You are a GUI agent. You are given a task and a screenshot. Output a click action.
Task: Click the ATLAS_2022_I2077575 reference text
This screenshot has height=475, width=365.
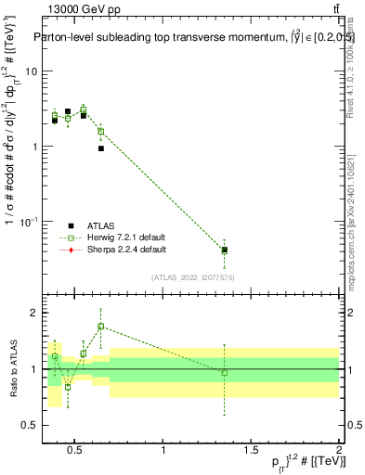pyautogui.click(x=193, y=277)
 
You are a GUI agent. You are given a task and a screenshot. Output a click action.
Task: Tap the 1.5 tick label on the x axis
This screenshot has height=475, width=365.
pyautogui.click(x=251, y=451)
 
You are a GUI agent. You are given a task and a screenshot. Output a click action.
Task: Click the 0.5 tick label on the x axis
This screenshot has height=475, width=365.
pyautogui.click(x=77, y=451)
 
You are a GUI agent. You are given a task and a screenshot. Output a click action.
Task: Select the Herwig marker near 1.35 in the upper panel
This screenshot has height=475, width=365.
pyautogui.click(x=224, y=250)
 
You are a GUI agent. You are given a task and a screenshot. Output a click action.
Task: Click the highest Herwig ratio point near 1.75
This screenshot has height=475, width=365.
pyautogui.click(x=101, y=327)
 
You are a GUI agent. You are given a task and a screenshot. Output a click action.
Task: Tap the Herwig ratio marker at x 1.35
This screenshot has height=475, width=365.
pyautogui.click(x=224, y=372)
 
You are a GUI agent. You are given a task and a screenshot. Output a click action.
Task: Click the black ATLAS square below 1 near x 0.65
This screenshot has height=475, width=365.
pyautogui.click(x=101, y=148)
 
